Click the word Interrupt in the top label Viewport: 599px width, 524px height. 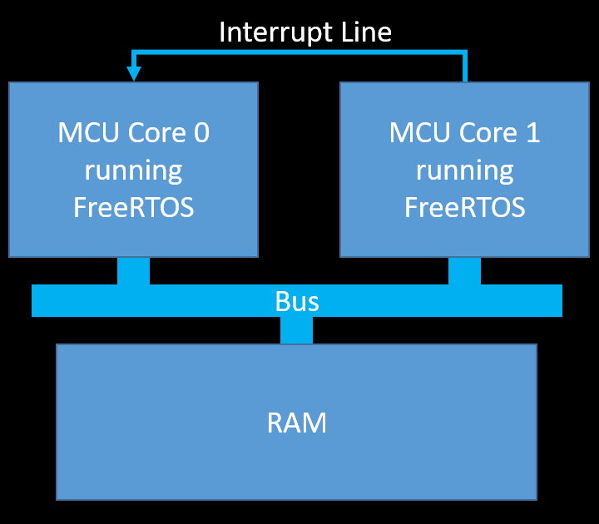click(267, 32)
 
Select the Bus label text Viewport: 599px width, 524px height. click(297, 301)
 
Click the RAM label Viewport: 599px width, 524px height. click(297, 423)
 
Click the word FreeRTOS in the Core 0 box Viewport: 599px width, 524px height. click(133, 207)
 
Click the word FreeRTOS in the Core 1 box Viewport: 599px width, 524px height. click(464, 207)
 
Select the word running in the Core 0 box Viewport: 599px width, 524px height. click(133, 171)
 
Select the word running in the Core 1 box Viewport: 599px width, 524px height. click(464, 171)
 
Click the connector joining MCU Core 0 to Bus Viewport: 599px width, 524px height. click(133, 271)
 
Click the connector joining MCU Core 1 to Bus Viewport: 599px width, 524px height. click(464, 271)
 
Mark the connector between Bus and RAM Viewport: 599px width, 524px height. click(296, 330)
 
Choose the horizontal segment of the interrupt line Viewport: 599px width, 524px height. click(299, 52)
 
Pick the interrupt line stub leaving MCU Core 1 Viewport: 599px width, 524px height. click(465, 68)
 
